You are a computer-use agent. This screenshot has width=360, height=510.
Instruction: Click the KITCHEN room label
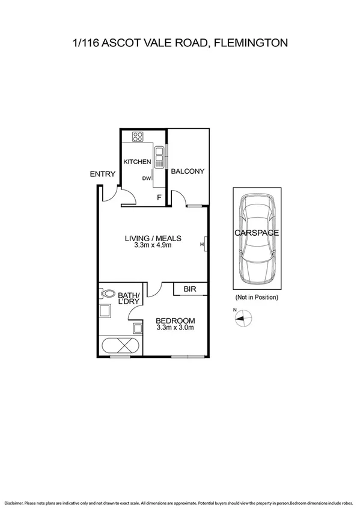pyautogui.click(x=136, y=162)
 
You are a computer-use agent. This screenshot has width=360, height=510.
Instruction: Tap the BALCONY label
pyautogui.click(x=188, y=171)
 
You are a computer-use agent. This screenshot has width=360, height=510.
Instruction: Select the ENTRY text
pyautogui.click(x=102, y=174)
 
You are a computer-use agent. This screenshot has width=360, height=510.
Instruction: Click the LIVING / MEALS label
pyautogui.click(x=153, y=238)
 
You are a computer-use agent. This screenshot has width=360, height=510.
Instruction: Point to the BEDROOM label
pyautogui.click(x=175, y=320)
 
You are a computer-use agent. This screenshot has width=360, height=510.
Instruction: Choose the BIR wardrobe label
pyautogui.click(x=190, y=290)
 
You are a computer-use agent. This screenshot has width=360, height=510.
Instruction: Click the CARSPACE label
pyautogui.click(x=257, y=232)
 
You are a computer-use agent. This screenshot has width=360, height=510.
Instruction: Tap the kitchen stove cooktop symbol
pyautogui.click(x=138, y=136)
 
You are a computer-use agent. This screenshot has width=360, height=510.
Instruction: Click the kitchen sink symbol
pyautogui.click(x=159, y=157)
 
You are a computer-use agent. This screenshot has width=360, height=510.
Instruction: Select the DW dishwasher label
pyautogui.click(x=146, y=178)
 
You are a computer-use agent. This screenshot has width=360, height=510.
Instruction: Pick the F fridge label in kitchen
pyautogui.click(x=159, y=197)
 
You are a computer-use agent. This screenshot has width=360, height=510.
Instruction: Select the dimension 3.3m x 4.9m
pyautogui.click(x=153, y=245)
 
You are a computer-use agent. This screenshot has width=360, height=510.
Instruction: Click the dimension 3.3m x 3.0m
pyautogui.click(x=175, y=328)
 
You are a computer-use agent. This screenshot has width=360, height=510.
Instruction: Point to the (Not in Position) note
pyautogui.click(x=256, y=297)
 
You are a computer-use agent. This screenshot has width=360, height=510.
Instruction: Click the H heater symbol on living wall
pyautogui.click(x=204, y=244)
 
